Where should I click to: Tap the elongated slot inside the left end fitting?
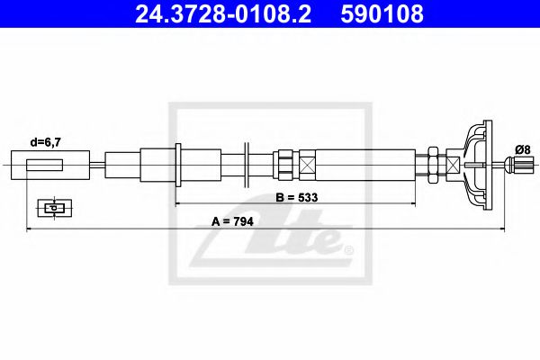click(45, 165)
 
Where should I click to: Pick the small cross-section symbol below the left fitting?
click(54, 208)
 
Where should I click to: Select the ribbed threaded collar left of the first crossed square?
click(284, 165)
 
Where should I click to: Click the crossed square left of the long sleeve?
click(308, 165)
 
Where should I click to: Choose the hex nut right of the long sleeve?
click(433, 165)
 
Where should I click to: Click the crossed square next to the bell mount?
click(452, 165)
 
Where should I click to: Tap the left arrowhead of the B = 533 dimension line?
click(179, 205)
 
